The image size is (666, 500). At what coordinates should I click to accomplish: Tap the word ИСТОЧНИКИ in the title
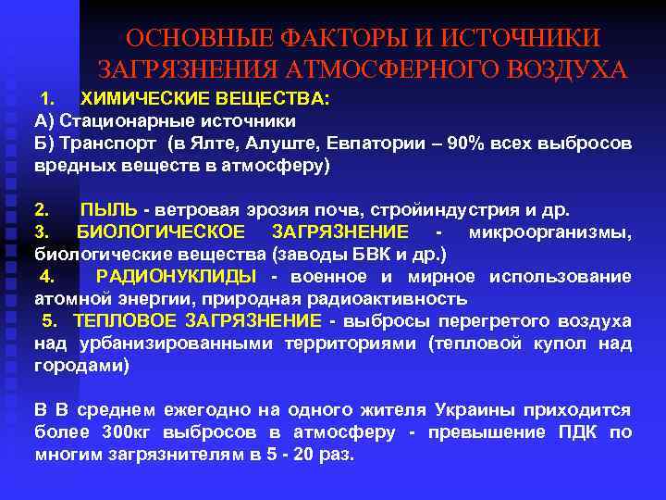click(523, 39)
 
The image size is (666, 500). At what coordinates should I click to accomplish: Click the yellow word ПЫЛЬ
click(108, 208)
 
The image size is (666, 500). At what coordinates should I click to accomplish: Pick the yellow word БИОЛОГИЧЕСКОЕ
click(160, 231)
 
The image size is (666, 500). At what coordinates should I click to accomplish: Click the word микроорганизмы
click(551, 231)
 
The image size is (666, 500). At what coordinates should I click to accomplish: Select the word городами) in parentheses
click(82, 366)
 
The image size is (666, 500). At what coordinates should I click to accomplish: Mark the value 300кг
click(128, 432)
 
